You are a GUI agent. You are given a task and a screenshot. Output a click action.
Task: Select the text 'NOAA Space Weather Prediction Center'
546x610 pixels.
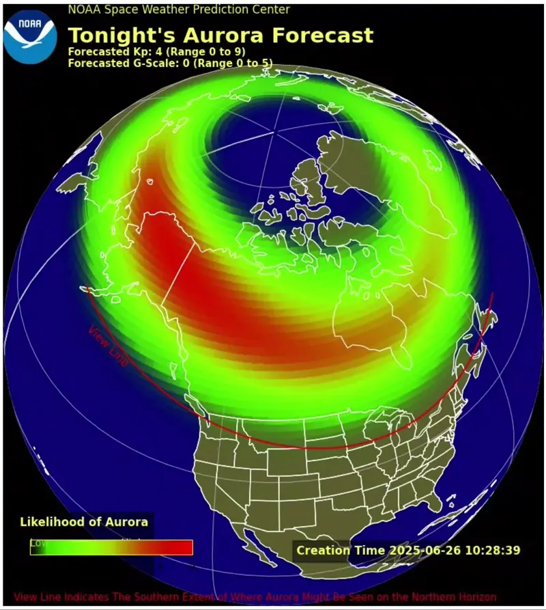[179, 10]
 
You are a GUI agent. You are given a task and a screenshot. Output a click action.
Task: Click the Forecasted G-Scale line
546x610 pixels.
[170, 64]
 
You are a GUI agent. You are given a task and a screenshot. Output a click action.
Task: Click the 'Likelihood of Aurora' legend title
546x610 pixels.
[84, 522]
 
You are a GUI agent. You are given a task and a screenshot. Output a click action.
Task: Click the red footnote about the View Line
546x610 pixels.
[255, 597]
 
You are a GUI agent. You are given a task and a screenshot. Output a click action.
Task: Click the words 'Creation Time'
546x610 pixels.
[341, 550]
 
